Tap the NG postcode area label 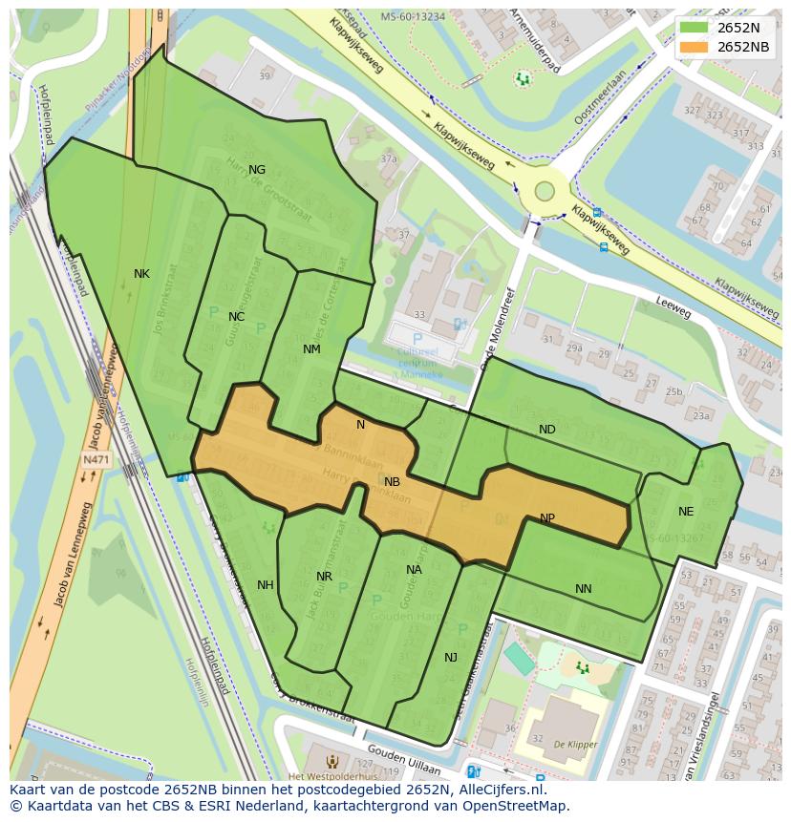point(257,170)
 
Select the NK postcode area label point(141,274)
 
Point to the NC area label point(237,317)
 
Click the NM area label point(311,349)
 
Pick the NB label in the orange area point(392,482)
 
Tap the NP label point(547,518)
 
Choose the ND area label point(546,430)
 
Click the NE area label point(686,512)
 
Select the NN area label point(583,589)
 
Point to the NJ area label point(451,657)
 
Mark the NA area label point(414,570)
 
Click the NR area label point(324,577)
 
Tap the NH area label point(266,585)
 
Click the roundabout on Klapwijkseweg point(545,190)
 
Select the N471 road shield point(96,460)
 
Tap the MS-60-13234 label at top point(413,16)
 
